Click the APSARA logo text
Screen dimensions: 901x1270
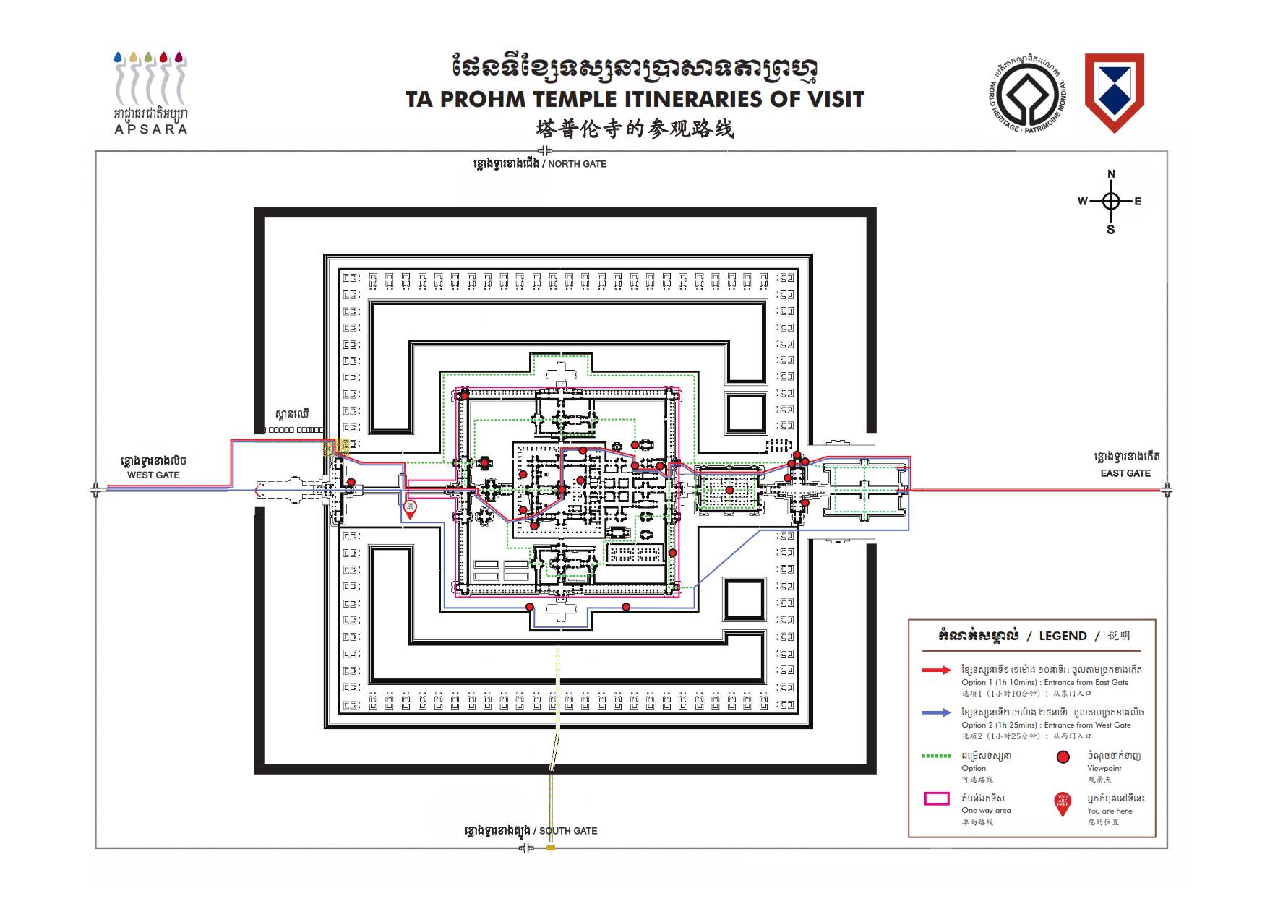coord(151,129)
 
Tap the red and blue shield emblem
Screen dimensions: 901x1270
coord(1114,92)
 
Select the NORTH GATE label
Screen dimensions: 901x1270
coord(577,164)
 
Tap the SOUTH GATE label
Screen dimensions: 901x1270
coord(568,831)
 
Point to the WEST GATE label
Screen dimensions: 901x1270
coord(153,475)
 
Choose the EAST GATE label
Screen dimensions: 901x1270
coord(1125,473)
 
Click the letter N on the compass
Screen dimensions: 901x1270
coord(1112,174)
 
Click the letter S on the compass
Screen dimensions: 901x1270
coord(1111,230)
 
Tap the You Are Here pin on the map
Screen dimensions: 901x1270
coord(410,509)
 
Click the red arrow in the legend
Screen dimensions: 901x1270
coord(937,671)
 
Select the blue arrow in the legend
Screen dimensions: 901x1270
coord(937,713)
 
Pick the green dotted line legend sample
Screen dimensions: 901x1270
coord(937,756)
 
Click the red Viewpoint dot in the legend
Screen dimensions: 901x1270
coord(1063,757)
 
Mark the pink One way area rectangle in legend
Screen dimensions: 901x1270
coord(937,798)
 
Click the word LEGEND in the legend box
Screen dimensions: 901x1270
coord(1063,636)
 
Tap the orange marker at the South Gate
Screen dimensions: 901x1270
coord(551,848)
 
